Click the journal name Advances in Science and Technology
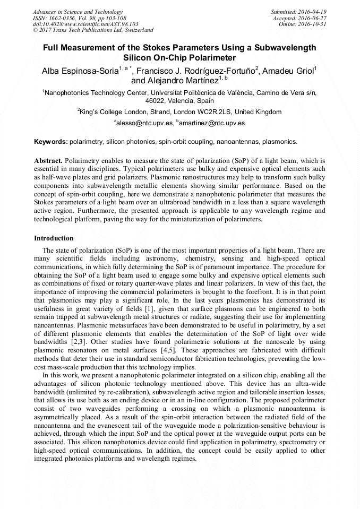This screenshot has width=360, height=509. point(78,12)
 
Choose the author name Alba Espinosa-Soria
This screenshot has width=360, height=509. point(80,71)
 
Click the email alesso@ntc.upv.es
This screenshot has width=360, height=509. point(145,123)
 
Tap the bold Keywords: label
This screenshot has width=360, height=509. point(51,142)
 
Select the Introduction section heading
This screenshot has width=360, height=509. point(54,238)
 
